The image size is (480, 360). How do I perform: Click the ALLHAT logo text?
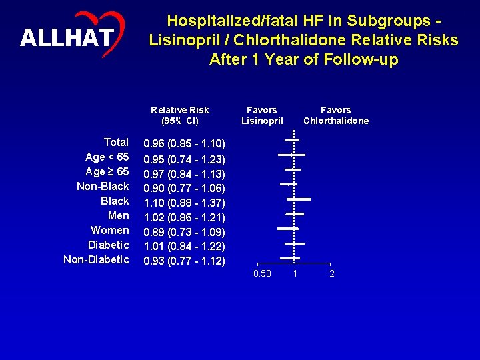[66, 38]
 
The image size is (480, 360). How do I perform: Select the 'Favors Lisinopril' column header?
[262, 115]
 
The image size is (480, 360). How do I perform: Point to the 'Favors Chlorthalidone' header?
[335, 115]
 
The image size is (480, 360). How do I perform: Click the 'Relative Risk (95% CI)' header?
[179, 115]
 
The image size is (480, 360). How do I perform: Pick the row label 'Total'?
[116, 143]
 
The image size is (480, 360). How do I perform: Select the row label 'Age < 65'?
[107, 157]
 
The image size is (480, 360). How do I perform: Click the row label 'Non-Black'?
[103, 187]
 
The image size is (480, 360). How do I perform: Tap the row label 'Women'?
[110, 231]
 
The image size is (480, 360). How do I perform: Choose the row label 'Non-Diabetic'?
[96, 260]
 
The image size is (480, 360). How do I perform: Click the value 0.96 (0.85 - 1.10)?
[185, 144]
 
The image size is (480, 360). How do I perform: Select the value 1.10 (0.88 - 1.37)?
[185, 203]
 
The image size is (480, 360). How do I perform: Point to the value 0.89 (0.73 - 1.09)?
[185, 232]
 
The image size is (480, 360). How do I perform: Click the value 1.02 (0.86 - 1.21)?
[185, 217]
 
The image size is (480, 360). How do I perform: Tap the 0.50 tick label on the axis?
[262, 274]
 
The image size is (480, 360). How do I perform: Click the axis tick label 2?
[332, 274]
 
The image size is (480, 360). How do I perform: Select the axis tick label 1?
[294, 274]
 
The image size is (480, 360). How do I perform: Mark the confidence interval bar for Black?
[299, 199]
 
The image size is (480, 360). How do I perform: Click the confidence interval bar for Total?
[292, 140]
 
